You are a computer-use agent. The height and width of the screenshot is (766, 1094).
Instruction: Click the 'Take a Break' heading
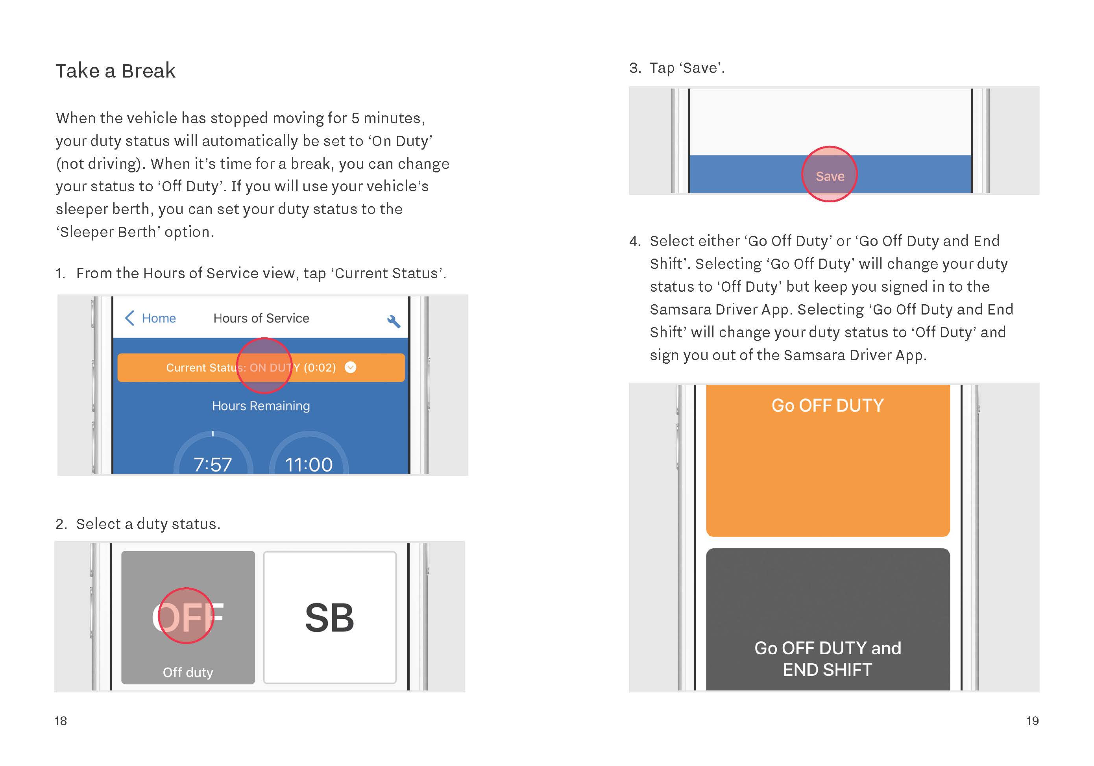point(115,71)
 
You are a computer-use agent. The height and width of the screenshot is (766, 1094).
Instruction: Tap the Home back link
point(150,318)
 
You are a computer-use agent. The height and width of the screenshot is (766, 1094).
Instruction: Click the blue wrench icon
point(394,321)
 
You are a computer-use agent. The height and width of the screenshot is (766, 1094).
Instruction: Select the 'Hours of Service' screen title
point(261,318)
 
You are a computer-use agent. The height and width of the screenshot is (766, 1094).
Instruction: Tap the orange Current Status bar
point(261,368)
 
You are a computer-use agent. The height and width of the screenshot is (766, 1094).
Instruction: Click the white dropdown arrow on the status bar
point(350,368)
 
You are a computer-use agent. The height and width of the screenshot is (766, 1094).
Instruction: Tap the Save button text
point(830,176)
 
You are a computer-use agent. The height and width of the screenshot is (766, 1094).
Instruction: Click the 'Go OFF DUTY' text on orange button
point(828,406)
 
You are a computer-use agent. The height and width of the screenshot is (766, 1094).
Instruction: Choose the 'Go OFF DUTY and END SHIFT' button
point(828,619)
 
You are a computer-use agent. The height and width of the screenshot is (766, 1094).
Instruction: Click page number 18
point(61,721)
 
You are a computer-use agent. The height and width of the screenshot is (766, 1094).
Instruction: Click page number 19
point(1032,721)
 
